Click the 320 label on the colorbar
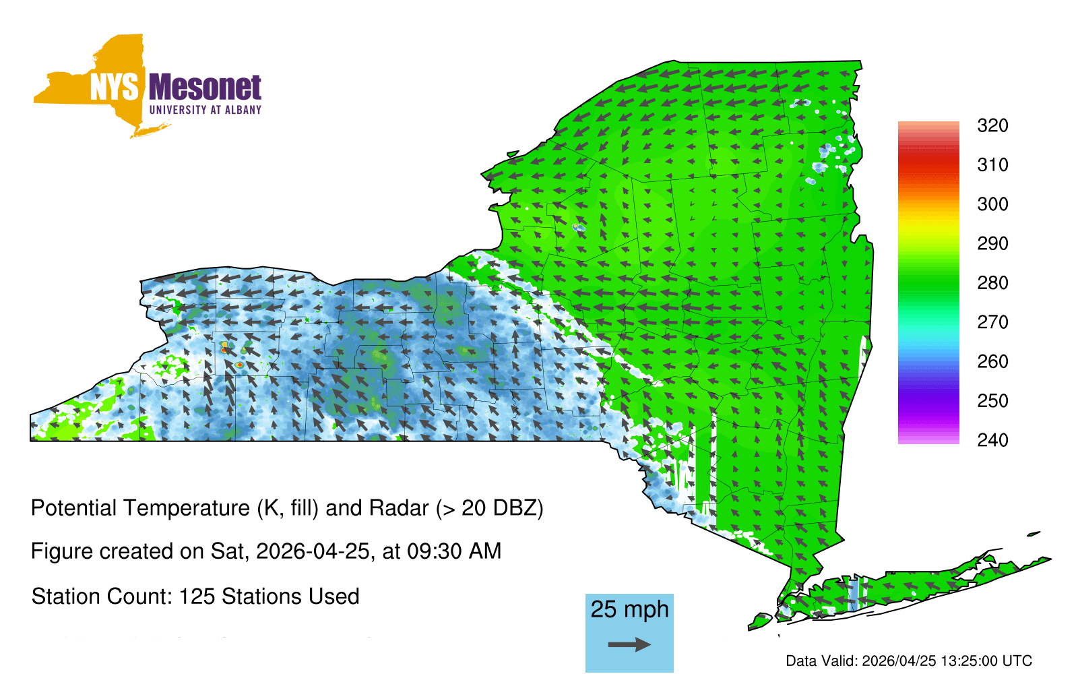992,125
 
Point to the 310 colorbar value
992,165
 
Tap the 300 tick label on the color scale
992,204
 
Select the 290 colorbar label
992,243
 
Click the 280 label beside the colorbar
992,282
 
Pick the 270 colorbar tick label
992,322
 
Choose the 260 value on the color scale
992,361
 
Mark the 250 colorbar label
992,400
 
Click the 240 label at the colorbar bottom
992,440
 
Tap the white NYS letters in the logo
114,88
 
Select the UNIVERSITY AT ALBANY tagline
205,110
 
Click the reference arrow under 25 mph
629,644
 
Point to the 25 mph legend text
629,609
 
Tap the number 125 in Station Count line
195,596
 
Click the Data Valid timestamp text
909,661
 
